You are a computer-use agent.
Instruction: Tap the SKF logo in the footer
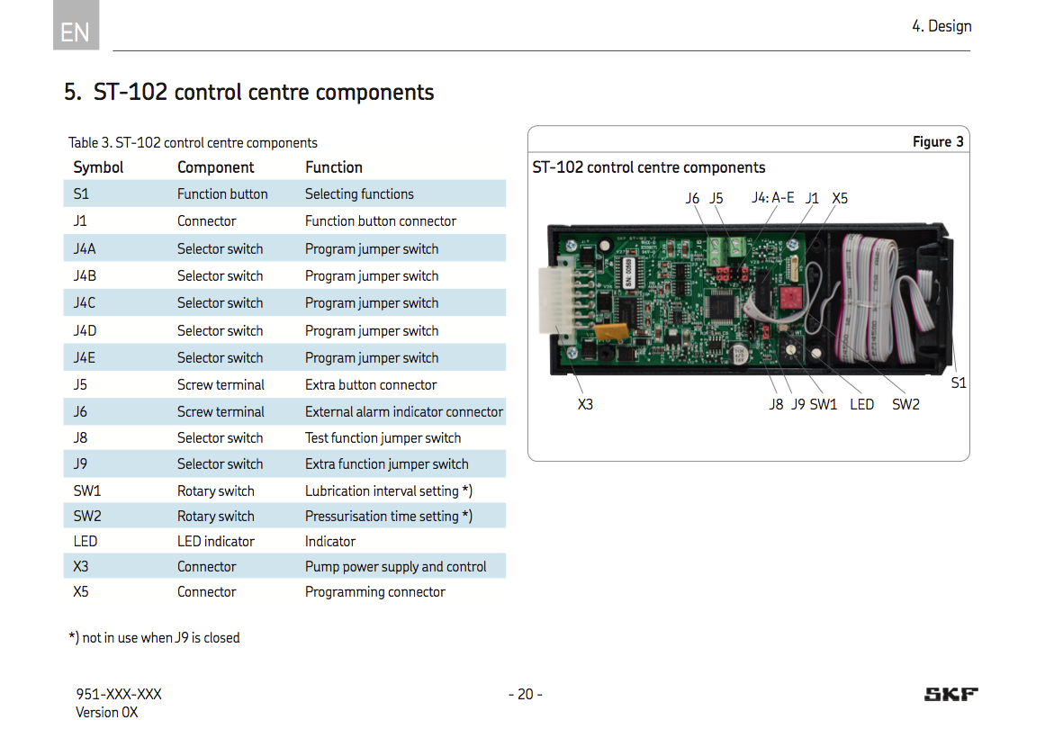coord(950,694)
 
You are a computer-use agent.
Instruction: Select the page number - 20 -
coord(526,694)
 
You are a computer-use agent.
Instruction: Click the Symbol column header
coord(98,167)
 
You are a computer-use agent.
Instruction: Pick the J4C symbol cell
coord(85,303)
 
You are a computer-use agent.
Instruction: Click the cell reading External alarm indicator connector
coord(403,412)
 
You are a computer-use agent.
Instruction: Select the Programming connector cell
coord(374,592)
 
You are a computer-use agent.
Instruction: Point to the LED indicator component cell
coord(215,542)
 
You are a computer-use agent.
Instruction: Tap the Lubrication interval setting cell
coord(388,491)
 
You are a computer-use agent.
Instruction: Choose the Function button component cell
coord(222,194)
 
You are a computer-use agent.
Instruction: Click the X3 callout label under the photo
coord(585,405)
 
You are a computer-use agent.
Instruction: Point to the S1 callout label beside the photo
coord(959,383)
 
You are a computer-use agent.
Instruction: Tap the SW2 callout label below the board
coord(905,405)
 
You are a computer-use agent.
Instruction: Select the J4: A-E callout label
coord(772,198)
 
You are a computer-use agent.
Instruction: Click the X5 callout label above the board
coord(840,198)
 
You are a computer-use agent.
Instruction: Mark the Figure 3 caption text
coord(938,142)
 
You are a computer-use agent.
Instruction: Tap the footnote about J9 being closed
coord(154,638)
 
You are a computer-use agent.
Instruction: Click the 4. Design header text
coord(941,26)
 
